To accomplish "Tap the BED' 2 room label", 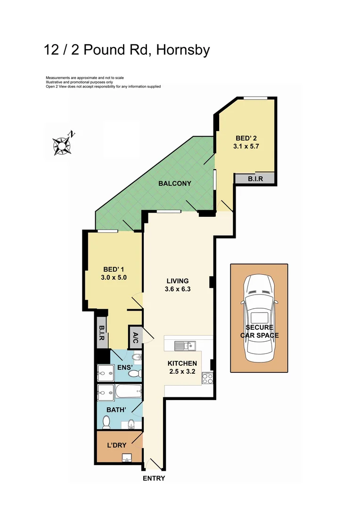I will (246, 138).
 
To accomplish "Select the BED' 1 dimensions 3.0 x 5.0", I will (114, 278).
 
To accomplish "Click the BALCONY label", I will (174, 183).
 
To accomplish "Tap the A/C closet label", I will (135, 337).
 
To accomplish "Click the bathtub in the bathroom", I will (126, 391).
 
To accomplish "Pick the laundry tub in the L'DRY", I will (127, 458).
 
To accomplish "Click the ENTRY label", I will (154, 478).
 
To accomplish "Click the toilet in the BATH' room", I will (133, 424).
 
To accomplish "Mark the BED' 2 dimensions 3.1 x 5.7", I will (246, 146).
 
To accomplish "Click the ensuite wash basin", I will (137, 358).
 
